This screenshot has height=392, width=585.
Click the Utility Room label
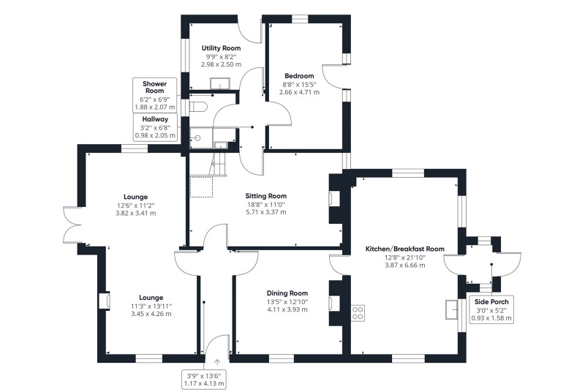coord(221,48)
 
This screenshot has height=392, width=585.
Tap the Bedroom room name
coord(299,76)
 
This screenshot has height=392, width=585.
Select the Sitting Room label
coord(265,196)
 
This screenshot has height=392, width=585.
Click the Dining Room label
coord(287,293)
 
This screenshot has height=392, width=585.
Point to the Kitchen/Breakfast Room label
coord(405,249)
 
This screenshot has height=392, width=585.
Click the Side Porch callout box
coord(491,310)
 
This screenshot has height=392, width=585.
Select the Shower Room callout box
coord(154,95)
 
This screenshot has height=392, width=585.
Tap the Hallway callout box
coord(155,127)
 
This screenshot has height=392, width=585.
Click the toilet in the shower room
coord(197,107)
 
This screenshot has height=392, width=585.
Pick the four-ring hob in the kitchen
coord(358,312)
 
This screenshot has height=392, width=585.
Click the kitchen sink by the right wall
coord(452,309)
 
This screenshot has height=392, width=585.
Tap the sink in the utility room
coord(220,83)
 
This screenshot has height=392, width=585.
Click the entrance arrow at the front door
coord(217,361)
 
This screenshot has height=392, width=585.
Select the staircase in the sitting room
coord(217,164)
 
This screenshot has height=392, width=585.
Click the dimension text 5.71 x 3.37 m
coord(265,212)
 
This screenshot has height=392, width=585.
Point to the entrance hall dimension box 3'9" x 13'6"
coord(204,380)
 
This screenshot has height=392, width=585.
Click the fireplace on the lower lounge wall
coord(104,301)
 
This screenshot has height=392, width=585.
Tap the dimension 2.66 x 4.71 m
coord(299,92)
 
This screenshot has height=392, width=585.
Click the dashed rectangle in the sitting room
coord(201,187)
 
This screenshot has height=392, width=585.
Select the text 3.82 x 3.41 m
coord(136,214)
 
